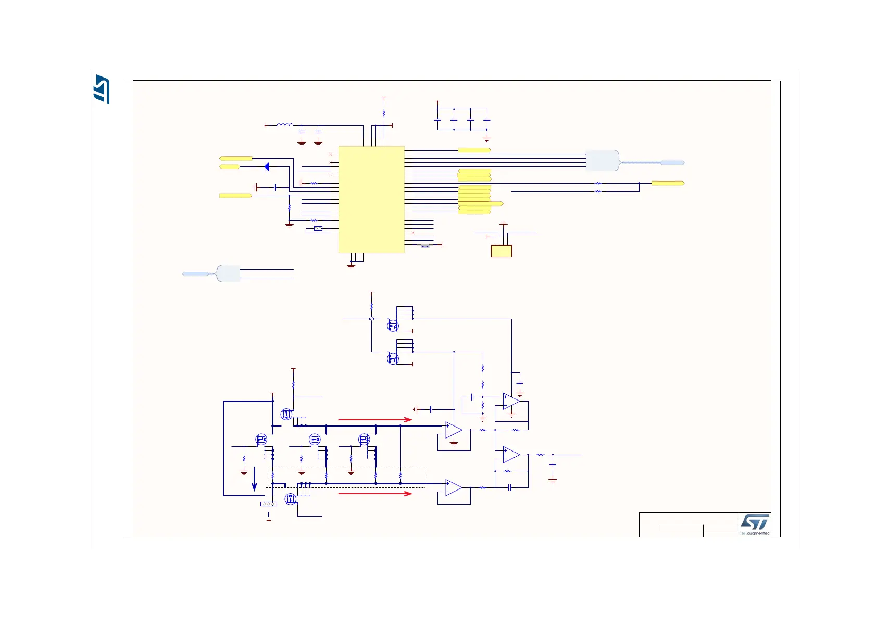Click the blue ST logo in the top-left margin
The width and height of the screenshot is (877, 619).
[x=102, y=89]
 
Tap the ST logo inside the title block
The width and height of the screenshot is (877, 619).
[x=755, y=522]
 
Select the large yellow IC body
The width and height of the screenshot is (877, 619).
[x=371, y=199]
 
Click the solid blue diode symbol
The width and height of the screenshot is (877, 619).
[x=267, y=167]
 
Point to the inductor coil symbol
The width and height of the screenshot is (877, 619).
[x=285, y=125]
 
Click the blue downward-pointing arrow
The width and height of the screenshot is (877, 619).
[x=254, y=479]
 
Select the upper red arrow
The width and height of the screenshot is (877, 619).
[x=375, y=419]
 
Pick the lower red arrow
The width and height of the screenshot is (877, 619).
[x=375, y=493]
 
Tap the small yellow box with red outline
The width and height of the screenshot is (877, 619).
[x=501, y=251]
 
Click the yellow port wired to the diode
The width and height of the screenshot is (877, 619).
[x=230, y=167]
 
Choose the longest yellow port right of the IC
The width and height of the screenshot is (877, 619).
[x=481, y=204]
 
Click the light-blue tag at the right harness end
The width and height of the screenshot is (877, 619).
[x=672, y=163]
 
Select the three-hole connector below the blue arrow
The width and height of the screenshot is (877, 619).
[x=268, y=504]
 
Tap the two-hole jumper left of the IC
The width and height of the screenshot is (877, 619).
[x=318, y=229]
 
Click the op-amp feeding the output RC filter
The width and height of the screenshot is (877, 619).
[x=511, y=455]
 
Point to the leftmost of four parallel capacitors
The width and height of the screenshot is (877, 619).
[x=437, y=120]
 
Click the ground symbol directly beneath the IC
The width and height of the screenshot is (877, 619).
[x=351, y=266]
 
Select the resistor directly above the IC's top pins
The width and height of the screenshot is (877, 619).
[x=384, y=113]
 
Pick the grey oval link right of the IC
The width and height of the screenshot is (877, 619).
[x=425, y=245]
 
